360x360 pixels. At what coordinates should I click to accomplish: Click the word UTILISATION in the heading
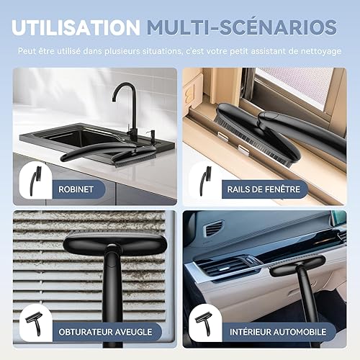76,27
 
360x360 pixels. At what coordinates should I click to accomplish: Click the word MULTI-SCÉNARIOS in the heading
241,27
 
